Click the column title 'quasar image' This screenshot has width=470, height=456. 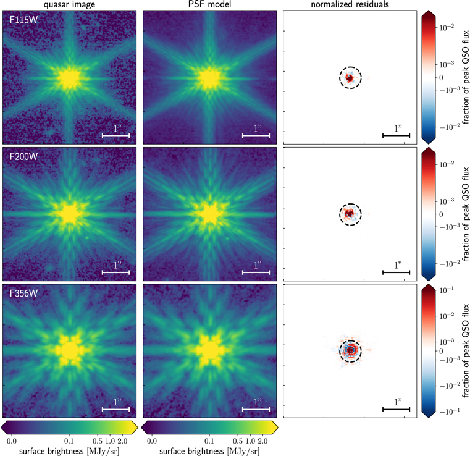pos(70,5)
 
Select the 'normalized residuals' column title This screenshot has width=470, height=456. pos(350,5)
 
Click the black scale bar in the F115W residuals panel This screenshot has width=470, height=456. pos(397,135)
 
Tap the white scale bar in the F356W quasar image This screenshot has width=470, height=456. pos(116,408)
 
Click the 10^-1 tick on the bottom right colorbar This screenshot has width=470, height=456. pos(443,289)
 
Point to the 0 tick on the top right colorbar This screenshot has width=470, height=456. pos(443,77)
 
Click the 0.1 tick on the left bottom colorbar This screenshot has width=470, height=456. pos(69,441)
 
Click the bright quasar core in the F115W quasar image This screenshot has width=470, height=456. pos(70,78)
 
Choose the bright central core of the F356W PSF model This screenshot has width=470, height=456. pos(210,350)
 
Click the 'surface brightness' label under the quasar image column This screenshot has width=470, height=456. pos(70,450)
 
